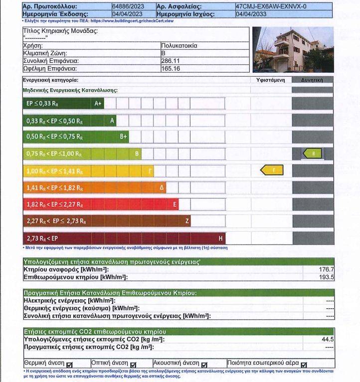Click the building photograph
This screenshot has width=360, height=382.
coord(293,50)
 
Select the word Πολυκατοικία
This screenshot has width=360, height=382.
coord(180,45)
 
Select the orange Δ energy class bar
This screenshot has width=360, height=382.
coord(95,188)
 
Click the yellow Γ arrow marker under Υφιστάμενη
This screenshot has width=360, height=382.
coord(272,170)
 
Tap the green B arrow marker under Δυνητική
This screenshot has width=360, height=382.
coord(313,153)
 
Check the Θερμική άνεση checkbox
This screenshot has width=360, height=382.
coord(69,365)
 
